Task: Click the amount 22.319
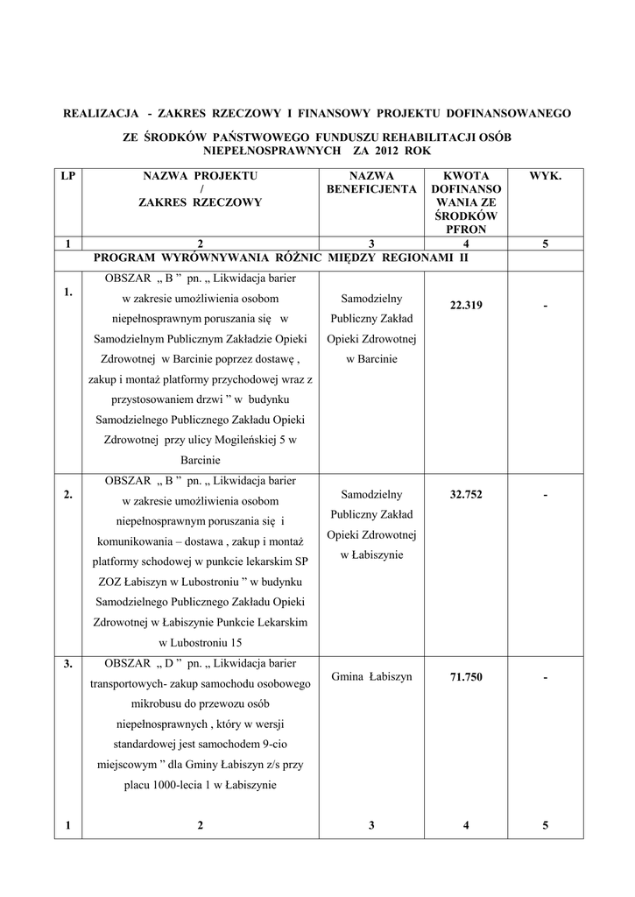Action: click(x=466, y=305)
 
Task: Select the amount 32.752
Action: click(x=466, y=494)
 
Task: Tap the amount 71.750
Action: click(x=466, y=677)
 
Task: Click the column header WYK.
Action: click(x=545, y=176)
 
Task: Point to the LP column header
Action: click(x=67, y=176)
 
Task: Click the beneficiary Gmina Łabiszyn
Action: click(x=371, y=677)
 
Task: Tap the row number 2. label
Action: click(x=68, y=495)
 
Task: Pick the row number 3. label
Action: click(x=68, y=664)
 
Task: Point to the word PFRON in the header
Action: click(x=466, y=230)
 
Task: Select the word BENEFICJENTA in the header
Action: click(x=371, y=189)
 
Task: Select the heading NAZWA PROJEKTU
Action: click(x=200, y=176)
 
